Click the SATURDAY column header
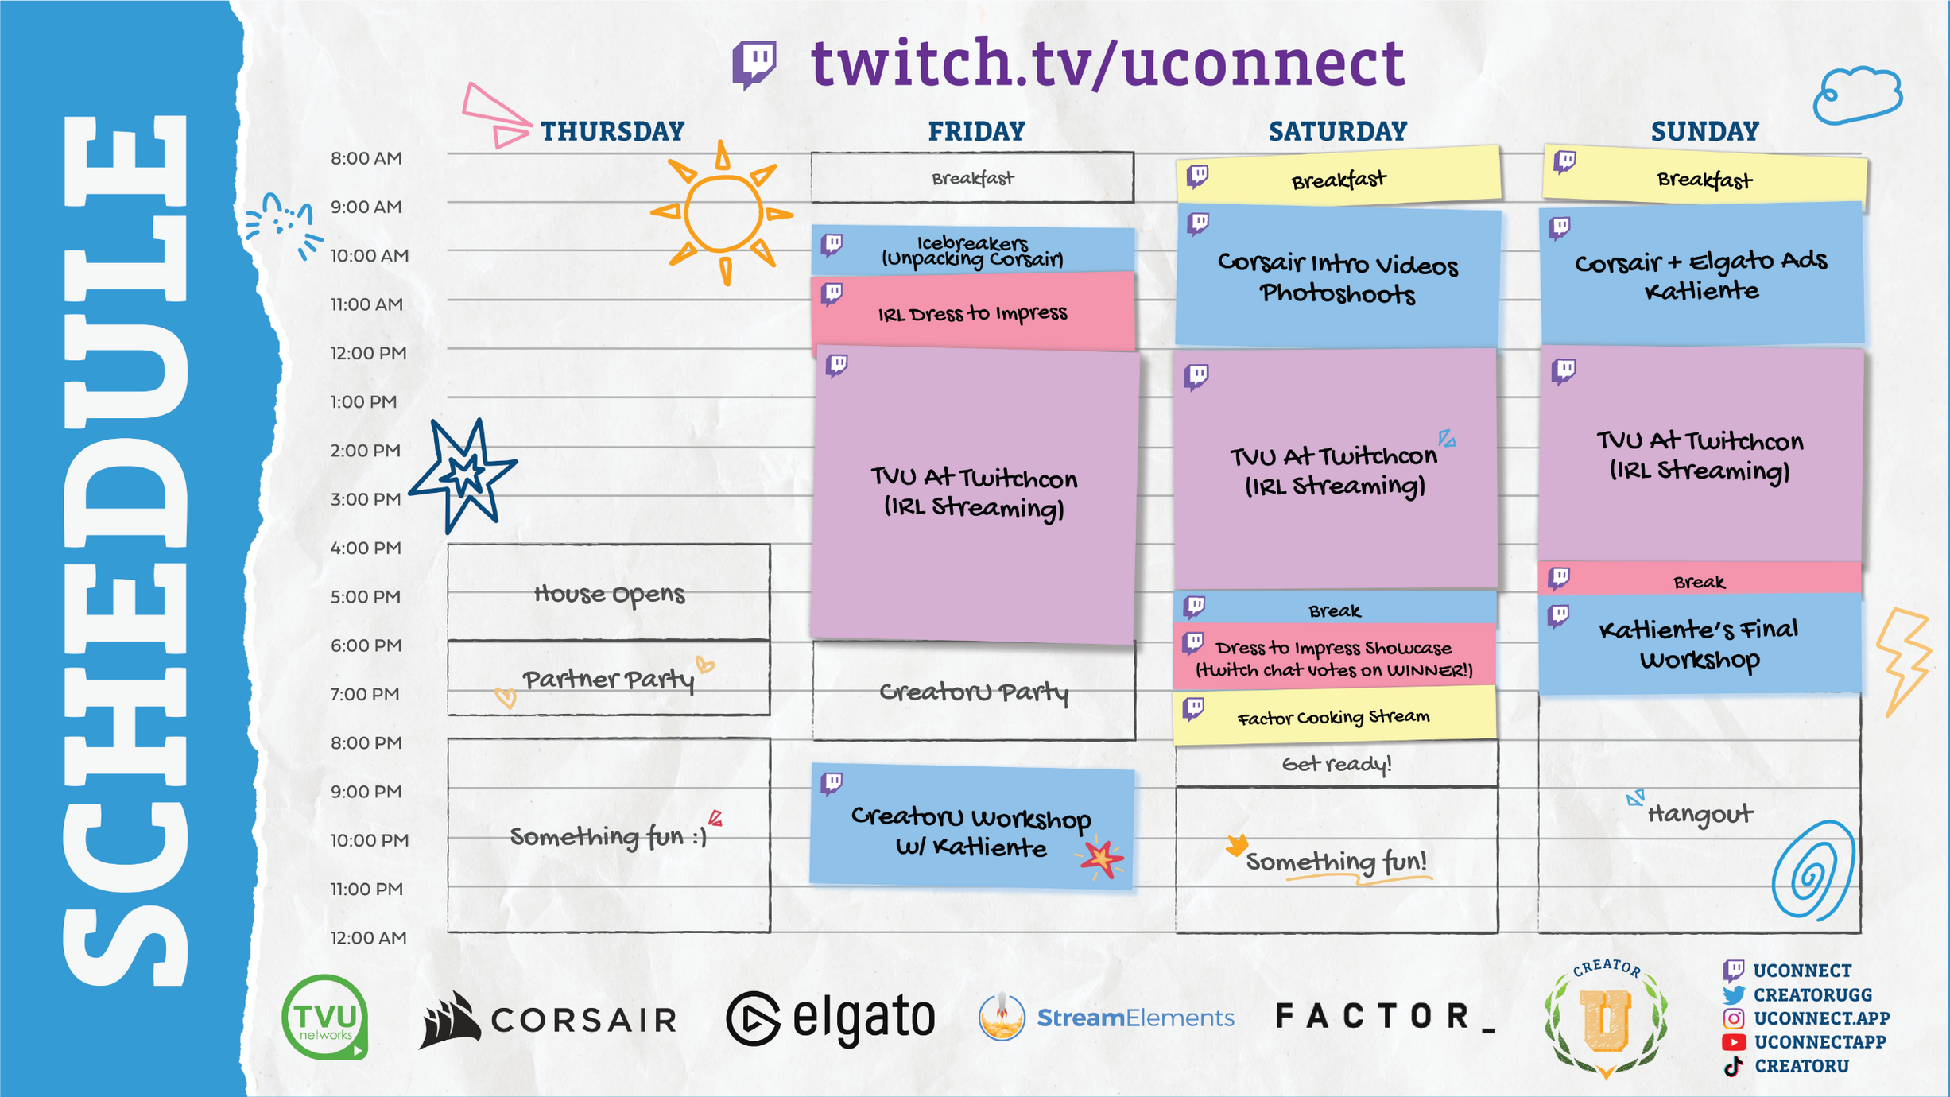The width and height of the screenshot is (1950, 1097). pyautogui.click(x=1338, y=131)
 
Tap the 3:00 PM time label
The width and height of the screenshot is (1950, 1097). pyautogui.click(x=366, y=499)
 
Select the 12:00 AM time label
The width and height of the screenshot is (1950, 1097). pyautogui.click(x=369, y=938)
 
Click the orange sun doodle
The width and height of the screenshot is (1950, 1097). pyautogui.click(x=722, y=213)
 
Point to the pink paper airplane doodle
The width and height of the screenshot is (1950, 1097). pyautogui.click(x=496, y=115)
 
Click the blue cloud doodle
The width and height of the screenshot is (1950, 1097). pyautogui.click(x=1857, y=95)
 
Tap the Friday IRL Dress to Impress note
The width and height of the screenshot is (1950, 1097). pyautogui.click(x=973, y=312)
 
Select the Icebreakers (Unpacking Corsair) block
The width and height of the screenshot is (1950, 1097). pyautogui.click(x=973, y=250)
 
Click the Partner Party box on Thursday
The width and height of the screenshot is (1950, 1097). pyautogui.click(x=609, y=678)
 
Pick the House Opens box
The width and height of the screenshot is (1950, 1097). pyautogui.click(x=609, y=592)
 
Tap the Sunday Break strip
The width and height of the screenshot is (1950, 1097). pyautogui.click(x=1700, y=580)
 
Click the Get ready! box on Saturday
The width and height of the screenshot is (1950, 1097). pyautogui.click(x=1336, y=764)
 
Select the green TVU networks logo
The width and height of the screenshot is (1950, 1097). pyautogui.click(x=325, y=1017)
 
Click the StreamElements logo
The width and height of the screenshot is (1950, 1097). pyautogui.click(x=1107, y=1018)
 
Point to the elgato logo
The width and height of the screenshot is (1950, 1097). pyautogui.click(x=831, y=1018)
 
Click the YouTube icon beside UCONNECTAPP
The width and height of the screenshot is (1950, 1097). pyautogui.click(x=1734, y=1042)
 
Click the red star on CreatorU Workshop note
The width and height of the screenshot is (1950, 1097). pyautogui.click(x=1101, y=859)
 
